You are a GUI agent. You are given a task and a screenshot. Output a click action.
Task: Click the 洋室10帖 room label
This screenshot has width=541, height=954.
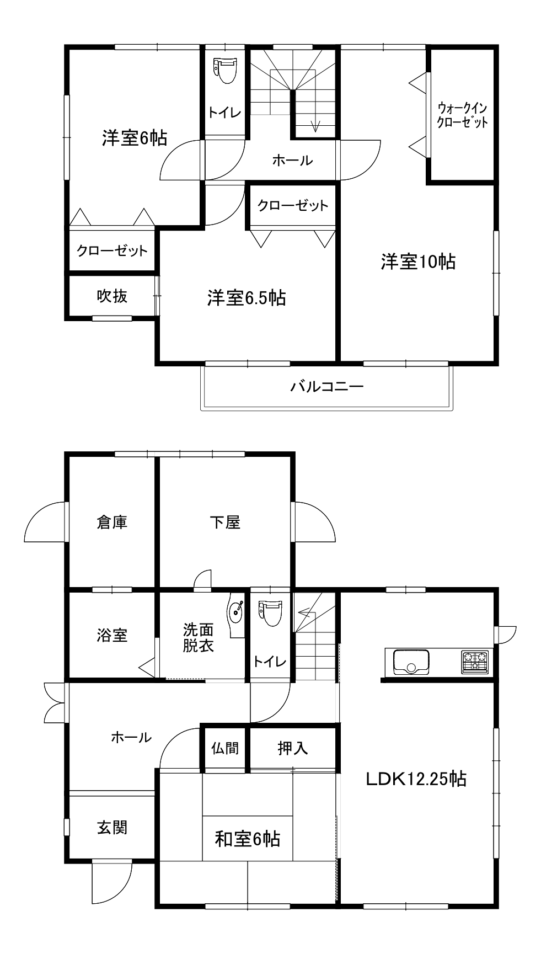(418, 262)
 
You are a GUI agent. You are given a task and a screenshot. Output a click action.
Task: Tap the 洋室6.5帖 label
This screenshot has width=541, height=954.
(247, 298)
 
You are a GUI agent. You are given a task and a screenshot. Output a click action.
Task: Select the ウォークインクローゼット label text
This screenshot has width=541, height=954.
(462, 115)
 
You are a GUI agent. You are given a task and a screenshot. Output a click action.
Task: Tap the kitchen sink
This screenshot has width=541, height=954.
(411, 662)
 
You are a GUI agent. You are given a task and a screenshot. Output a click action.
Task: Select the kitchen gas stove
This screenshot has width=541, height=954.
(475, 662)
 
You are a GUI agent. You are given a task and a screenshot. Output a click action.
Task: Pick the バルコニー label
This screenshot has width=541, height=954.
(327, 386)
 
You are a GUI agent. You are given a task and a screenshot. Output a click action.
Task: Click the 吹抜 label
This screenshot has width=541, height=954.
(113, 296)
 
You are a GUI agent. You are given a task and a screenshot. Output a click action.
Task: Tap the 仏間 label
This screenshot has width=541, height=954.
(225, 748)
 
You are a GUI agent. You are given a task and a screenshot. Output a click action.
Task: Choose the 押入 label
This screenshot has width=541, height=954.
(293, 748)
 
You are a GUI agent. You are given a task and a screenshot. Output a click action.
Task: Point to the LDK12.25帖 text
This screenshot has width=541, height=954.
(416, 779)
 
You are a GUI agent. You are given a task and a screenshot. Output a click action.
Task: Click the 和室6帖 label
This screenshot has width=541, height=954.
(248, 839)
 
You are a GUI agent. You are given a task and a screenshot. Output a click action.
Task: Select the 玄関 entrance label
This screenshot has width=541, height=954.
(113, 827)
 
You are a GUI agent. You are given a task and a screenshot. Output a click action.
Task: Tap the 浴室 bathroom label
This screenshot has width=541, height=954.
(113, 635)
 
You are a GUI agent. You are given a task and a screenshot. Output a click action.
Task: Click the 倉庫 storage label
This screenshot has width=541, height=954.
(113, 521)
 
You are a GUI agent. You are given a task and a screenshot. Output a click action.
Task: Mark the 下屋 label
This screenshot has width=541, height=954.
(225, 521)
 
